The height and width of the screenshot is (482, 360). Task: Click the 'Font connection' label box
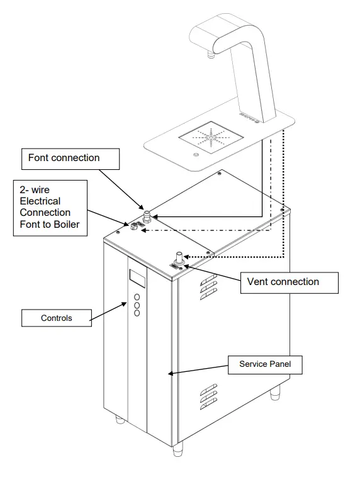pyautogui.click(x=70, y=158)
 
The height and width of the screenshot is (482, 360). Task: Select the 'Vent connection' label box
pyautogui.click(x=289, y=282)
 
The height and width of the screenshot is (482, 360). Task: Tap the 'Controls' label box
pyautogui.click(x=56, y=318)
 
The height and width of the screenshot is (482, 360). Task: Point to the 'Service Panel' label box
pyautogui.click(x=264, y=364)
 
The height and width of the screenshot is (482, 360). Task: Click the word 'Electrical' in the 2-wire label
pyautogui.click(x=42, y=201)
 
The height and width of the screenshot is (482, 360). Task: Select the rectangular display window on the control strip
pyautogui.click(x=137, y=277)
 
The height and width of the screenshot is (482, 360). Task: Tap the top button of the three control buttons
pyautogui.click(x=137, y=296)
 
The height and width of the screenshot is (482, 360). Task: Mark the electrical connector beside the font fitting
pyautogui.click(x=135, y=228)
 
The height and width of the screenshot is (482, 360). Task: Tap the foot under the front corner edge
pyautogui.click(x=178, y=448)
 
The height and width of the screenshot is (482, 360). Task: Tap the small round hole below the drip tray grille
pyautogui.click(x=195, y=155)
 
